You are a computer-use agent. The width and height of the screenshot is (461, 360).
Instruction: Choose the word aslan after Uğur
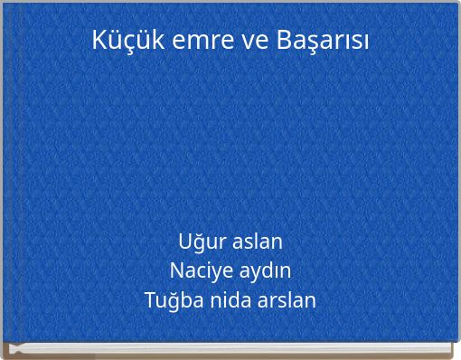pyautogui.click(x=258, y=242)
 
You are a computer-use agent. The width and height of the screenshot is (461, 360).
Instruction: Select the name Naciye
pyautogui.click(x=197, y=270)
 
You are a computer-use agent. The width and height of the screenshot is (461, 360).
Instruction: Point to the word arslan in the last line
pyautogui.click(x=287, y=299)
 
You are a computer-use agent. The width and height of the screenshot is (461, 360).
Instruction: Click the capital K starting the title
pyautogui.click(x=99, y=40)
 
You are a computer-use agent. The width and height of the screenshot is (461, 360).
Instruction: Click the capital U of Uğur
pyautogui.click(x=185, y=242)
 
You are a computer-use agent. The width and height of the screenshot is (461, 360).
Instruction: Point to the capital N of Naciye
pyautogui.click(x=177, y=270)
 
